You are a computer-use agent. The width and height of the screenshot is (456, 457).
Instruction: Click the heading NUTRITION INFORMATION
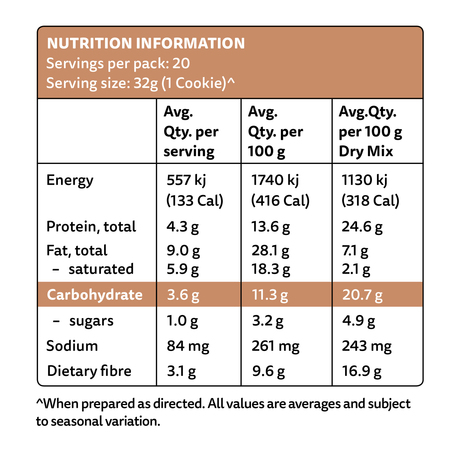click(146, 43)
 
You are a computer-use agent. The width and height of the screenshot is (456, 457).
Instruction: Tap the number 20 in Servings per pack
click(181, 63)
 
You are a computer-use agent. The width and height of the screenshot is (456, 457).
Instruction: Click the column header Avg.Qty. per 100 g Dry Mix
click(370, 132)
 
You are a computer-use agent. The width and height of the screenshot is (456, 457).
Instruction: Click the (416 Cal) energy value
click(280, 201)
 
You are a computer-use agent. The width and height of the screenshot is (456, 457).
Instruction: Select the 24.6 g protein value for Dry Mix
click(362, 227)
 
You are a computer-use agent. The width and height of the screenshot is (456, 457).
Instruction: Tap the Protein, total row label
click(91, 227)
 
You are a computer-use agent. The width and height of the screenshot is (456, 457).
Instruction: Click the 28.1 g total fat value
click(270, 250)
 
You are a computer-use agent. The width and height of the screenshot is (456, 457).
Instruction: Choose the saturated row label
click(101, 269)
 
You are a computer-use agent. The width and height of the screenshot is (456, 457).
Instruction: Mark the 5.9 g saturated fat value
click(183, 269)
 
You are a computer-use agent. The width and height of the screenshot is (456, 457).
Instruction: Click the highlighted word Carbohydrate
click(95, 295)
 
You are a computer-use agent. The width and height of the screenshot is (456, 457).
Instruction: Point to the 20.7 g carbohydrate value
click(362, 295)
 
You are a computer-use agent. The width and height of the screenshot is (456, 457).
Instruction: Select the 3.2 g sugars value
click(268, 321)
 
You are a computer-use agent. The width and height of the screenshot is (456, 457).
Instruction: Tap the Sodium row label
click(72, 346)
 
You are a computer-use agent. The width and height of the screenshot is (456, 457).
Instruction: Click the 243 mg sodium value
click(367, 346)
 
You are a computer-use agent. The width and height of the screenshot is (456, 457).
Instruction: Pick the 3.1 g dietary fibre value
click(181, 371)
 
